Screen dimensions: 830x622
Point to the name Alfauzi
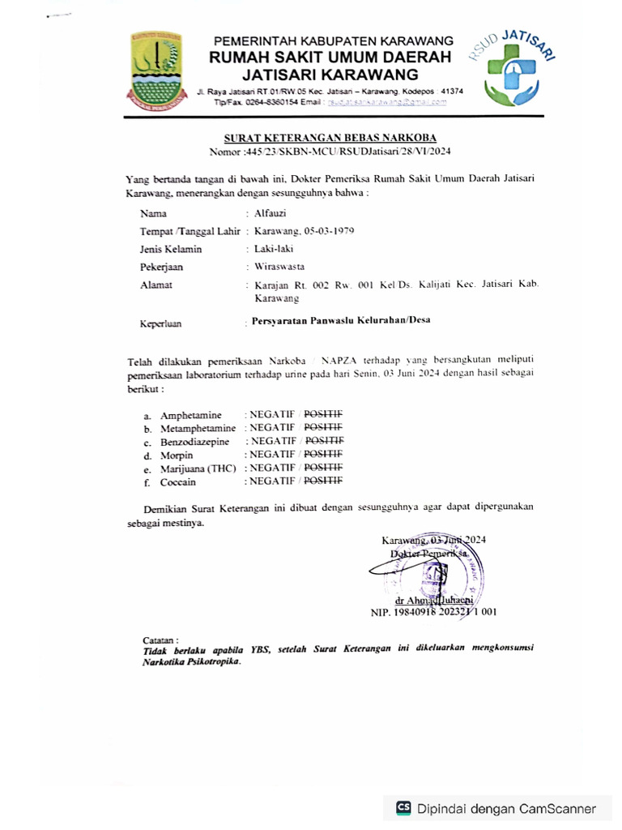(x=270, y=214)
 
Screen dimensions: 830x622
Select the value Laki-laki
(x=273, y=249)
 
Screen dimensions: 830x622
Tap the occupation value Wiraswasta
(x=279, y=266)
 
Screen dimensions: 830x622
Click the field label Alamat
(x=155, y=285)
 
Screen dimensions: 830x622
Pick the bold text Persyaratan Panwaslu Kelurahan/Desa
(x=340, y=320)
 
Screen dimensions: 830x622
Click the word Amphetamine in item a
(x=190, y=415)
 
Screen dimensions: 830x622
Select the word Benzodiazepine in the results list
(x=194, y=442)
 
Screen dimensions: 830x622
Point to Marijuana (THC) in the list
(x=198, y=468)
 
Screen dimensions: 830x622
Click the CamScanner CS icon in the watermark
(x=403, y=808)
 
